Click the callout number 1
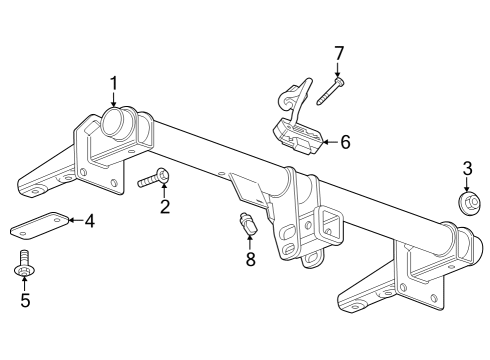coord(113,83)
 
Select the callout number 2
coord(165,207)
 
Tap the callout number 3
coord(466,167)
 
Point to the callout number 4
coord(89,221)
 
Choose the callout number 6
coord(345,142)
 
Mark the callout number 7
coord(339,52)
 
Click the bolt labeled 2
coord(151,180)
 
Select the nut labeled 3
coord(466,203)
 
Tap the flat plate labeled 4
coord(38,224)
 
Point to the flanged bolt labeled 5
coord(23,267)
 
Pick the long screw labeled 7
coord(329,92)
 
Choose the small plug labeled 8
coord(248,226)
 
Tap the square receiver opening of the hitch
coord(326,223)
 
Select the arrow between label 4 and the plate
coord(73,221)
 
